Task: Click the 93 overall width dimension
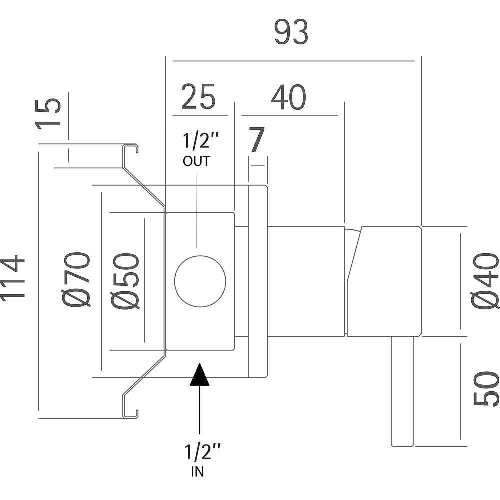pyautogui.click(x=291, y=33)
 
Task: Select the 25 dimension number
pyautogui.click(x=198, y=97)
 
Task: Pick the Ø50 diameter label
pyautogui.click(x=124, y=281)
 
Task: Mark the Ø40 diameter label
pyautogui.click(x=485, y=281)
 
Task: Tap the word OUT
pyautogui.click(x=196, y=161)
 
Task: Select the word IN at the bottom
pyautogui.click(x=197, y=472)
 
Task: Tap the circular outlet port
pyautogui.click(x=200, y=281)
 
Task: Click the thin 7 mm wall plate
pyautogui.click(x=258, y=281)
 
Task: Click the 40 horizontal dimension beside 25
pyautogui.click(x=288, y=98)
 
